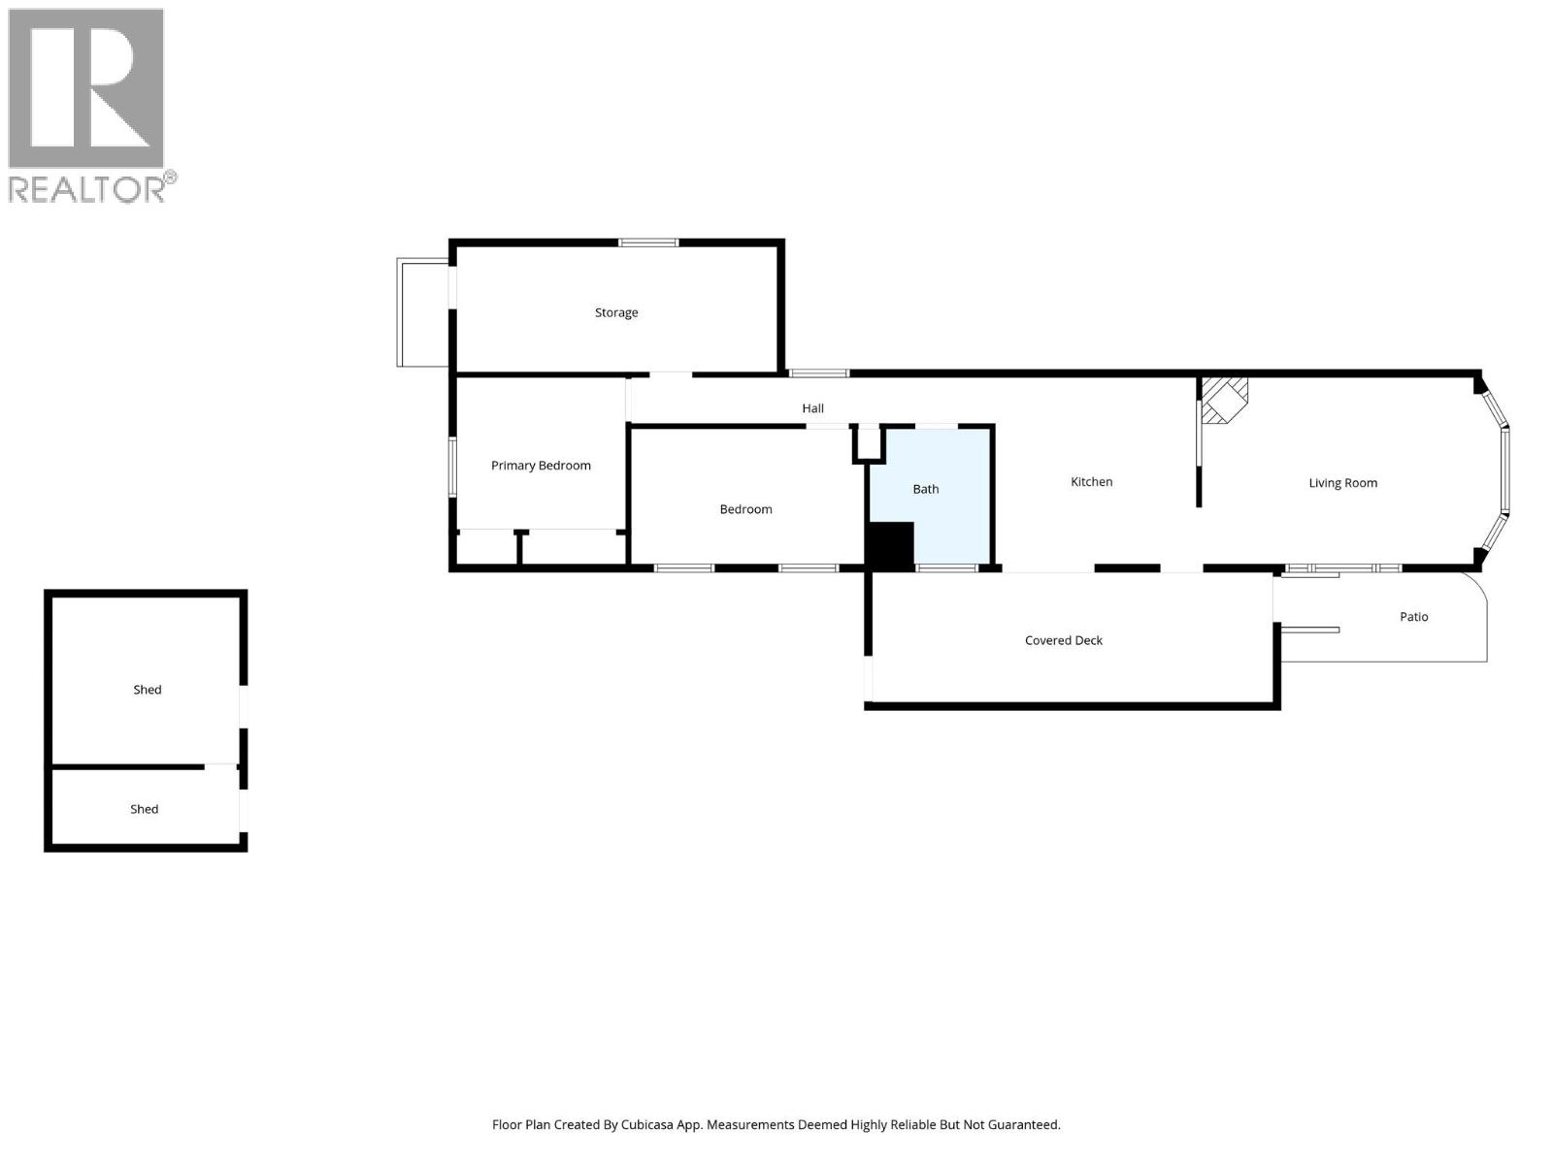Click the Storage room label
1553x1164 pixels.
click(616, 312)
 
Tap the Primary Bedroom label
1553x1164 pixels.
click(541, 466)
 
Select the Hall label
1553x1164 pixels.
click(812, 408)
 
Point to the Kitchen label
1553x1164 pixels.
click(1091, 482)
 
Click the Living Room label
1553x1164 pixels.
click(1342, 483)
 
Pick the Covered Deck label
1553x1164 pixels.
click(1063, 640)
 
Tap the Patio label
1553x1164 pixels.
click(1413, 617)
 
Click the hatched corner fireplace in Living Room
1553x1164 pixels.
click(1222, 400)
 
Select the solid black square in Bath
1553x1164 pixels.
click(890, 545)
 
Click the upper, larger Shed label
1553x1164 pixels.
click(148, 690)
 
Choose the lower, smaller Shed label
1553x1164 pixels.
click(144, 809)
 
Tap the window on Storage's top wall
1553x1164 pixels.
click(648, 242)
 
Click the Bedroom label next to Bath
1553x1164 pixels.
click(745, 509)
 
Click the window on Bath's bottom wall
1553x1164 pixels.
click(946, 568)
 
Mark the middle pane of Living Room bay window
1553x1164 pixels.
click(1504, 469)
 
